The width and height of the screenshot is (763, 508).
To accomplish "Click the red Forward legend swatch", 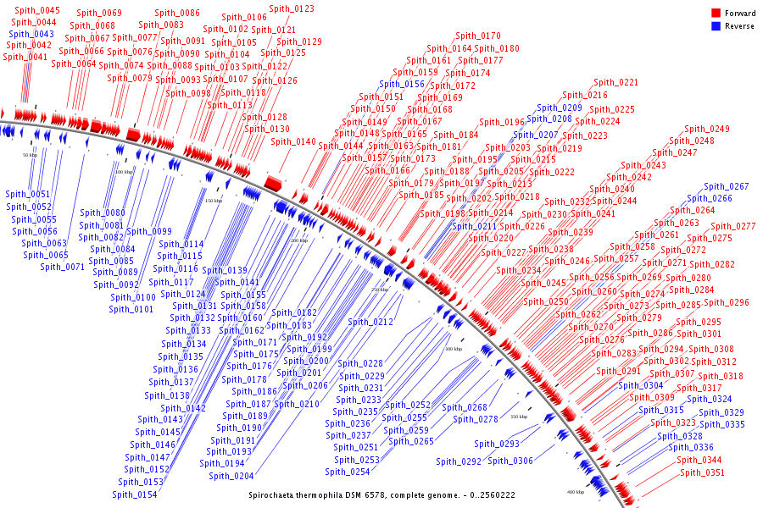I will (x=716, y=14).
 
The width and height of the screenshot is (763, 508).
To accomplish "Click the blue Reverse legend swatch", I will (x=716, y=26).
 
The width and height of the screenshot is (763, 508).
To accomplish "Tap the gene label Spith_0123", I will (x=292, y=8).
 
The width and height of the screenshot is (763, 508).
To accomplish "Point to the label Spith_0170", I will (x=478, y=36).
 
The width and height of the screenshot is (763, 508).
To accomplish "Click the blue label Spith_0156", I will (x=402, y=84).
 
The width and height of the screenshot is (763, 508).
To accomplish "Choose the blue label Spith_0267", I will (x=727, y=186).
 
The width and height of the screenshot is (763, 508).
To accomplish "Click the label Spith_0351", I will (x=703, y=472).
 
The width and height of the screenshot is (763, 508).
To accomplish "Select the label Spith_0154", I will (x=134, y=494).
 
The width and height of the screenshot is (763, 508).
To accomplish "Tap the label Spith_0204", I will (x=231, y=476).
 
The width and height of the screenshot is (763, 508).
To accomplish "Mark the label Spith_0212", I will (x=370, y=322).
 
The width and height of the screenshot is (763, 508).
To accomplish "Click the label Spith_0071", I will (x=63, y=267).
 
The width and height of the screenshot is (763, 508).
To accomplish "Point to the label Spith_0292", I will (x=459, y=461).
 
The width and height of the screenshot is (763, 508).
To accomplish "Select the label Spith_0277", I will (x=733, y=226).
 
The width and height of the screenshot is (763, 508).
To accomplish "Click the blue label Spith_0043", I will (x=31, y=34).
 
